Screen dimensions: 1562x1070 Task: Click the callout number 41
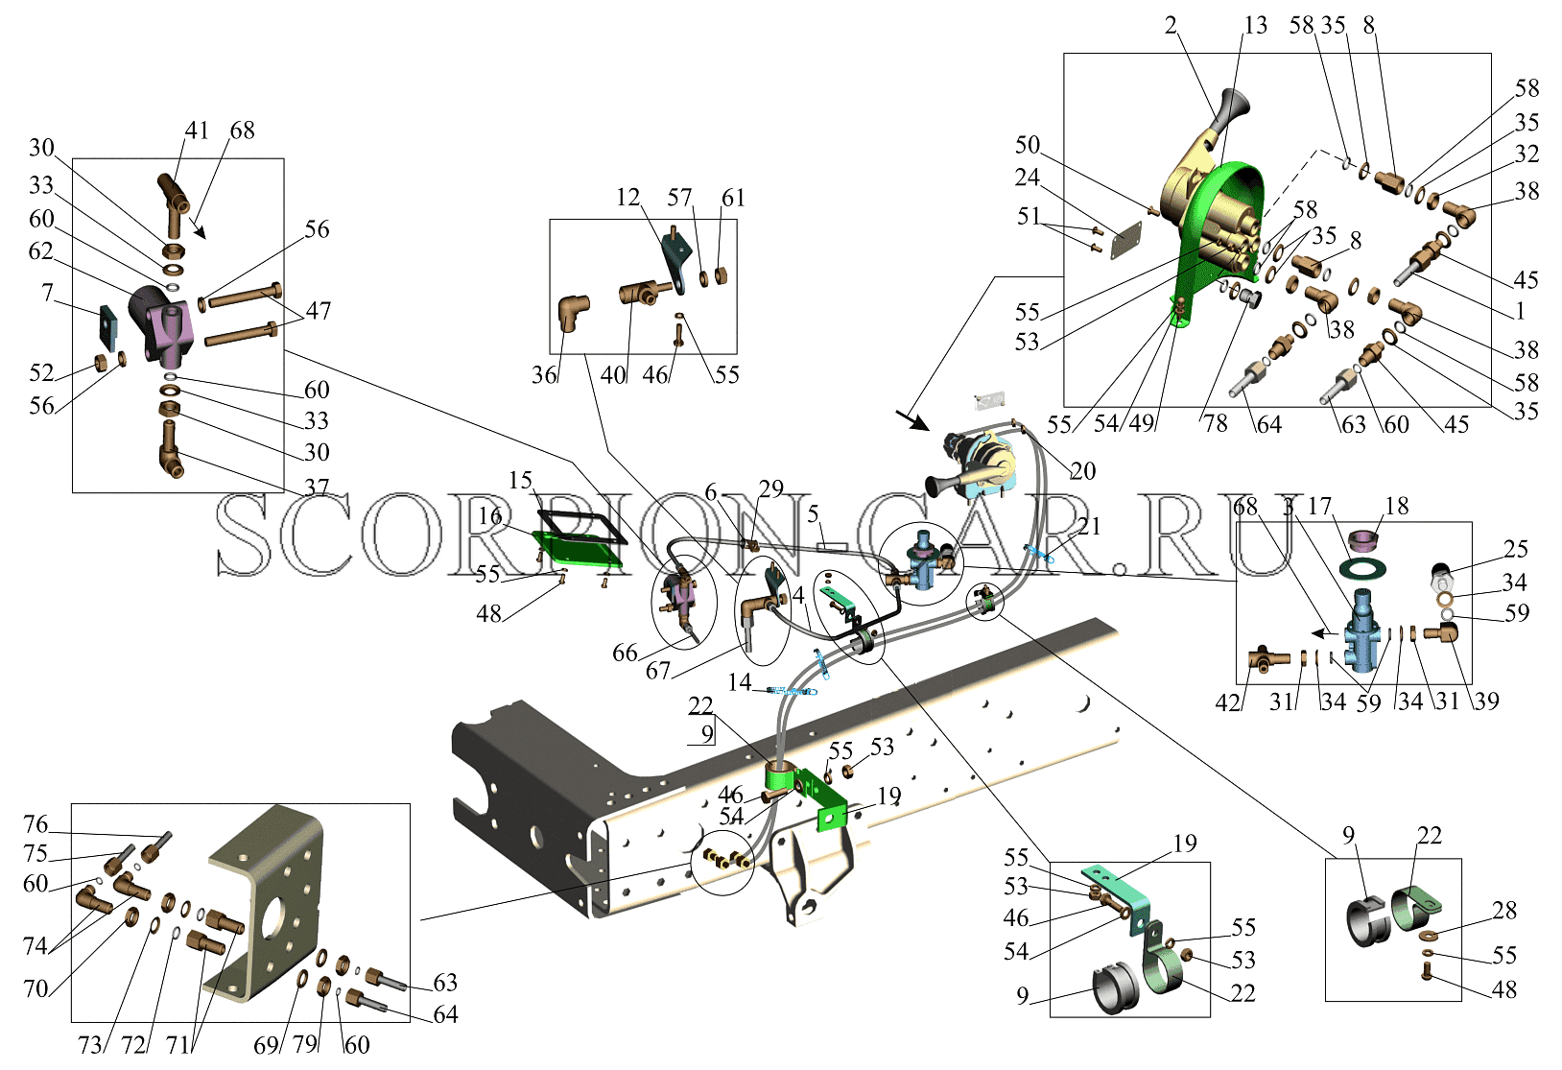point(197,131)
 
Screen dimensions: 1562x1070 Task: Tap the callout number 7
point(47,293)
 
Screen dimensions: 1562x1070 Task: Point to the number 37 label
point(317,486)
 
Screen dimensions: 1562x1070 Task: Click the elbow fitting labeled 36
point(573,313)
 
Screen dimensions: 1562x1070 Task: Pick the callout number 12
point(627,198)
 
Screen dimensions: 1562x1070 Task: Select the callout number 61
point(733,198)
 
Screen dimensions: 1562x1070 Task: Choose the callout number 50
point(1028,145)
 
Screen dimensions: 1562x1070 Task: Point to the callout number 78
point(1216,422)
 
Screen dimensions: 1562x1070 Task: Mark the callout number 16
point(490,516)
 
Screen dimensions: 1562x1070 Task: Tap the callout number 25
point(1515,549)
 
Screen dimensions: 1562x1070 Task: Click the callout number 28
point(1504,911)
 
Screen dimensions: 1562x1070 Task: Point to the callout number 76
point(35,824)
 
